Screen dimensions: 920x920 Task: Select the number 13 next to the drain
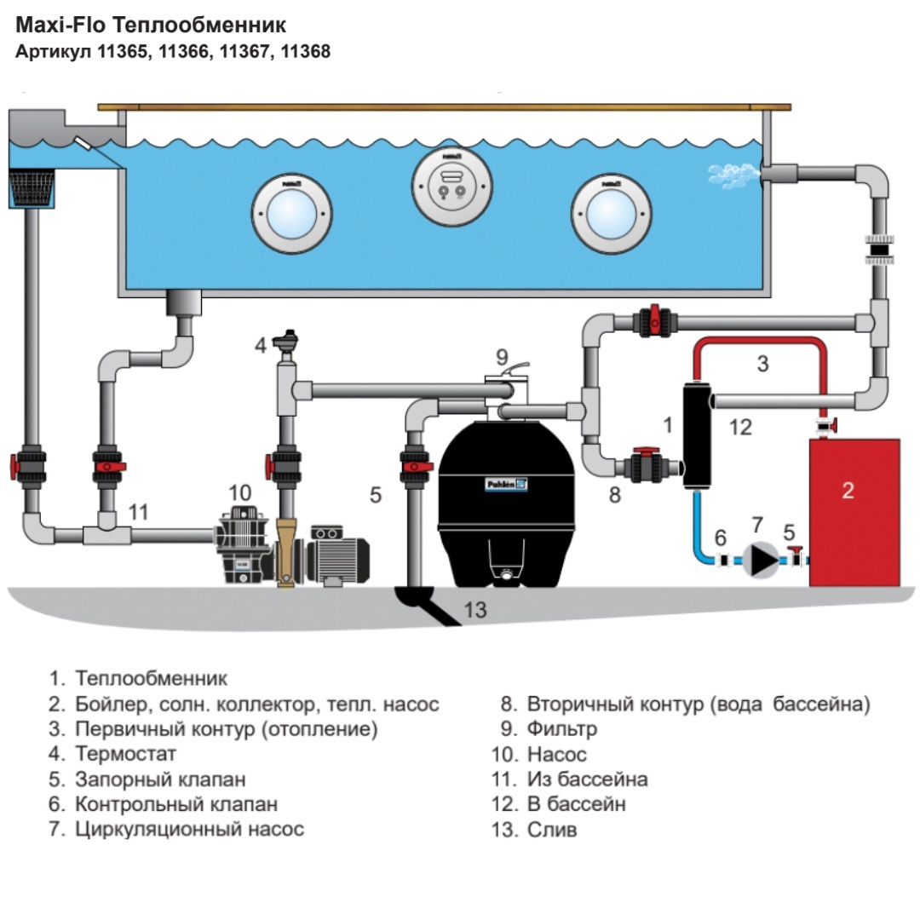coord(475,610)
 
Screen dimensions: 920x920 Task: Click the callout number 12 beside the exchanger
coord(740,427)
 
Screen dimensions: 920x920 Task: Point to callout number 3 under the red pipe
coord(762,364)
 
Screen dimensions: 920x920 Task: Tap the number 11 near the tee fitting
coord(138,512)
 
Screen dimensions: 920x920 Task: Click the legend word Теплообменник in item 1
coord(151,679)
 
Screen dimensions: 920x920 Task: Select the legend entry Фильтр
coord(561,729)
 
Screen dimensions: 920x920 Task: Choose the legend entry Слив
coord(552,829)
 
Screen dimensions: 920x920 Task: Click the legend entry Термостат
coord(125,754)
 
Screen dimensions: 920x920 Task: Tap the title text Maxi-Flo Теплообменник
coord(151,24)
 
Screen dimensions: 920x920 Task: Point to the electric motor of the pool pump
coord(341,555)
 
